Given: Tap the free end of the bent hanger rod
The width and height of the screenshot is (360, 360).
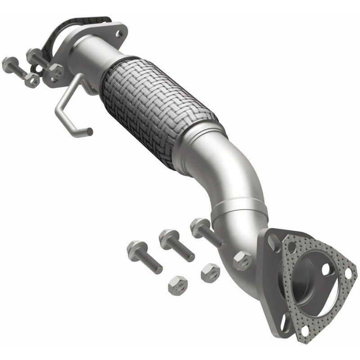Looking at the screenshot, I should click(90, 131).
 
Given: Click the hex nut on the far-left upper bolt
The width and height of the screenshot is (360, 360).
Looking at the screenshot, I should click(31, 80).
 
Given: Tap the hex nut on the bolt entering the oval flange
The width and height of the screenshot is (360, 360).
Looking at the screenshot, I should click(56, 71).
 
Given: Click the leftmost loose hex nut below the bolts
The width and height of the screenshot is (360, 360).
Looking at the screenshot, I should click(175, 286).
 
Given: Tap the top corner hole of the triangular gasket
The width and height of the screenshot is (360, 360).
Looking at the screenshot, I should click(293, 247).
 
